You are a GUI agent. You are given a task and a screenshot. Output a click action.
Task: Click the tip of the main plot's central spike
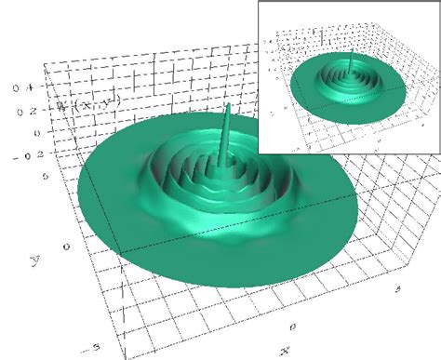coord(228,105)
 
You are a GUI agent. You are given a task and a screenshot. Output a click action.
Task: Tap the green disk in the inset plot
coord(316,102)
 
